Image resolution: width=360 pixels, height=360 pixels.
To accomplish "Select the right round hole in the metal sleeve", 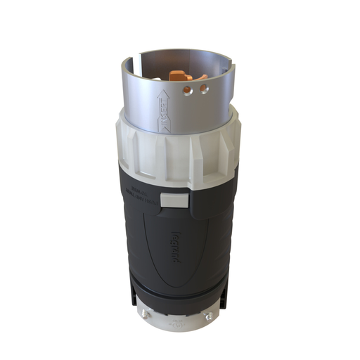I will point(204,89).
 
